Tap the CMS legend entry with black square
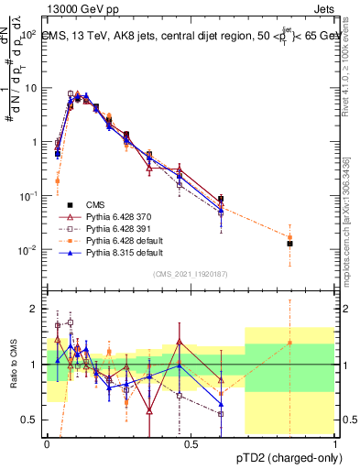pyautogui.click(x=96, y=204)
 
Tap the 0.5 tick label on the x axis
pyautogui.click(x=191, y=442)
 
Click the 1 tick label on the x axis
pyautogui.click(x=335, y=442)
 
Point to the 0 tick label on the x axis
pyautogui.click(x=48, y=442)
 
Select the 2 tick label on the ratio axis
pyautogui.click(x=36, y=309)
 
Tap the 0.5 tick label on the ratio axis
pyautogui.click(x=31, y=420)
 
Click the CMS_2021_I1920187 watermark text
pyautogui.click(x=191, y=274)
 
